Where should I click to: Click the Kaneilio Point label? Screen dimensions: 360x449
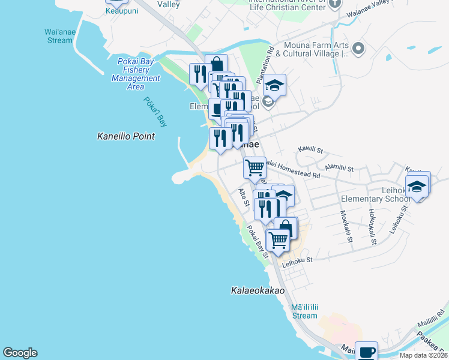coord(126,137)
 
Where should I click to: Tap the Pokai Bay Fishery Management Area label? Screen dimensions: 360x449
coord(136,70)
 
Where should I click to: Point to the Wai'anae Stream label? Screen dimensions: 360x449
coord(58,36)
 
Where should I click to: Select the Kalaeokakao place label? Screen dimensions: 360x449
coord(258,290)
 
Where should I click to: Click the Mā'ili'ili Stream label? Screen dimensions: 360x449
coord(304,311)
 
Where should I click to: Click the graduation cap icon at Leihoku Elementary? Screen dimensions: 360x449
coord(417,187)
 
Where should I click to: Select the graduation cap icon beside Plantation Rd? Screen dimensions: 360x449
coord(274,86)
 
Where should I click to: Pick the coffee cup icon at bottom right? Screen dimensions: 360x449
coord(366,352)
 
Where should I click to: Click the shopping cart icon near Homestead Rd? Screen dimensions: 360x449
coord(255,168)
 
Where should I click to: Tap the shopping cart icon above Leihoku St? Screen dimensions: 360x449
coord(278,240)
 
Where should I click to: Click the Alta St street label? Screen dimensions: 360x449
coord(244,197)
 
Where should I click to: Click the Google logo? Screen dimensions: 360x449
coord(20,353)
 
